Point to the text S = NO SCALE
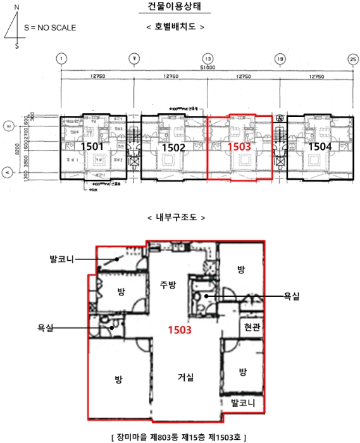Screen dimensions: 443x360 [49, 28]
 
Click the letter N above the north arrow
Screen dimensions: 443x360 [16, 7]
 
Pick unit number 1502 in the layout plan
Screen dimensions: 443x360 [173, 147]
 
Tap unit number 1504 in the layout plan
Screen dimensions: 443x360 [320, 146]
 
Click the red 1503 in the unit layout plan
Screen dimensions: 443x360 [239, 147]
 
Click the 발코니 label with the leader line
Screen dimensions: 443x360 [63, 259]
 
